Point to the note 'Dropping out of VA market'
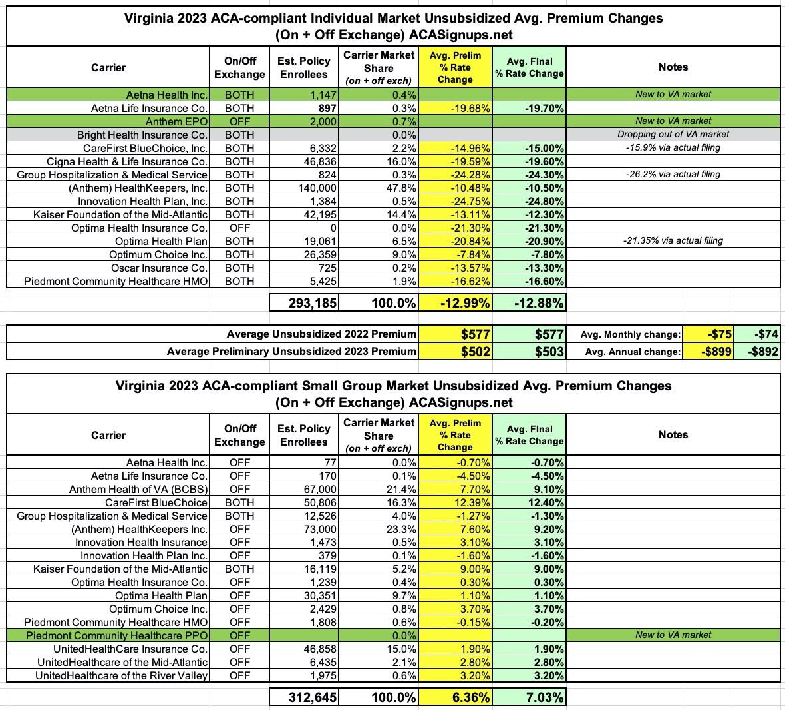pyautogui.click(x=673, y=135)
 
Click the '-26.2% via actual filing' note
pyautogui.click(x=673, y=175)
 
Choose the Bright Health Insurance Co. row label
pyautogui.click(x=142, y=135)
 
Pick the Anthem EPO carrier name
pyautogui.click(x=176, y=121)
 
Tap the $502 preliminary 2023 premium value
pyautogui.click(x=476, y=352)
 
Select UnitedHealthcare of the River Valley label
pyautogui.click(x=121, y=675)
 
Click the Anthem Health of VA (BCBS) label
pyautogui.click(x=138, y=489)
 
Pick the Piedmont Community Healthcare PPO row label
pyautogui.click(x=117, y=635)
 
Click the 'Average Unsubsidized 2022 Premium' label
pyautogui.click(x=321, y=334)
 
